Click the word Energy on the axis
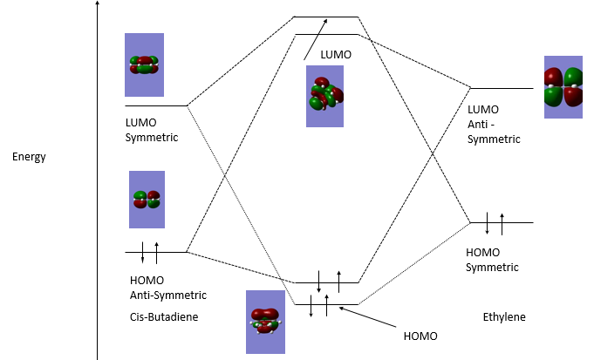29,158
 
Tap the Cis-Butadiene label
163,316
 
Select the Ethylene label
504,316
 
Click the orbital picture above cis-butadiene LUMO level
145,65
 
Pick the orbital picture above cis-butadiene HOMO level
147,200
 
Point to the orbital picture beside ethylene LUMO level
563,87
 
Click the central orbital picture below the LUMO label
324,96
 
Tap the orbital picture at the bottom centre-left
265,322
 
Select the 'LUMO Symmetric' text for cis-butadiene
152,130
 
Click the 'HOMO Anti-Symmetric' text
167,289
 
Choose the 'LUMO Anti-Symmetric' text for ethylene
494,124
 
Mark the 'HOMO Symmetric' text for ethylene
493,259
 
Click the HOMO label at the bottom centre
420,336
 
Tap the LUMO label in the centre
336,54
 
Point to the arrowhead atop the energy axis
97,4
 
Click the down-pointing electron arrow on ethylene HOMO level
488,224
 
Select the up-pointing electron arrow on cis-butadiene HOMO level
157,252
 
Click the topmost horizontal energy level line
326,17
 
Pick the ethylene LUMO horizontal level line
501,88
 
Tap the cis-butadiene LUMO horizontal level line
157,105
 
